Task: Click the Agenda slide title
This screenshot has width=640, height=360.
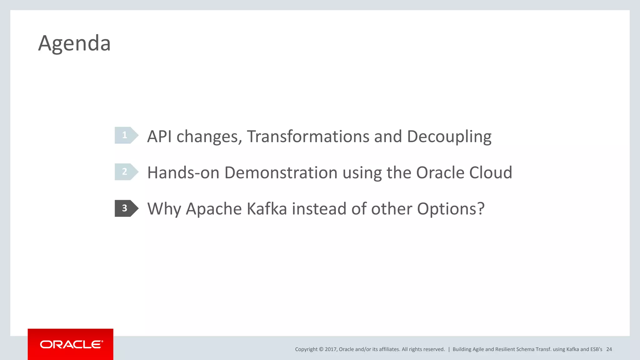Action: [x=74, y=43]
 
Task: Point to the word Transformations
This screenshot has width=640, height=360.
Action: [x=308, y=137]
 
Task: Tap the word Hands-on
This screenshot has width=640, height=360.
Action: [x=183, y=172]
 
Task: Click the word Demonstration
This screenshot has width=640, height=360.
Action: [x=281, y=172]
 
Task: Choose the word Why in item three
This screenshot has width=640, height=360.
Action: [x=164, y=209]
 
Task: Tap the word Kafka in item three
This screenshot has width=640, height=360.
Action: [x=267, y=209]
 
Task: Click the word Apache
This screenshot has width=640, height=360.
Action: [x=214, y=209]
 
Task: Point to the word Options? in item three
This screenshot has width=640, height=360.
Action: [x=451, y=209]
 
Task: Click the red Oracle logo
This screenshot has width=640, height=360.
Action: [x=71, y=344]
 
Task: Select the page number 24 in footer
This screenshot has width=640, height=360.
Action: [x=609, y=349]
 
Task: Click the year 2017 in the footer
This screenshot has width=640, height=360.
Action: [x=330, y=349]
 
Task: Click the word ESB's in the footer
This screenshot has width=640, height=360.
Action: [x=596, y=349]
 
